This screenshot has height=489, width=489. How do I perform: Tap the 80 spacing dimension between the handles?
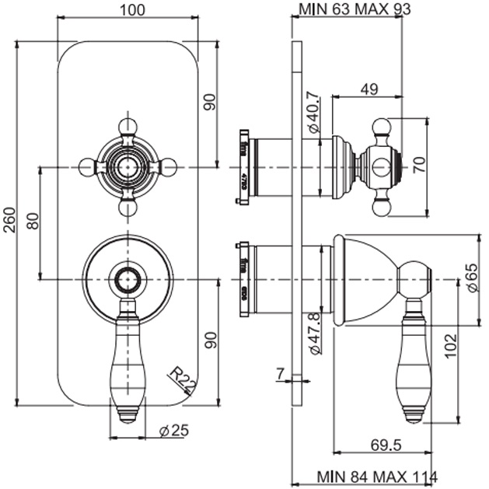33,222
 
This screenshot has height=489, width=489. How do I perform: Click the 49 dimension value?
368,89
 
